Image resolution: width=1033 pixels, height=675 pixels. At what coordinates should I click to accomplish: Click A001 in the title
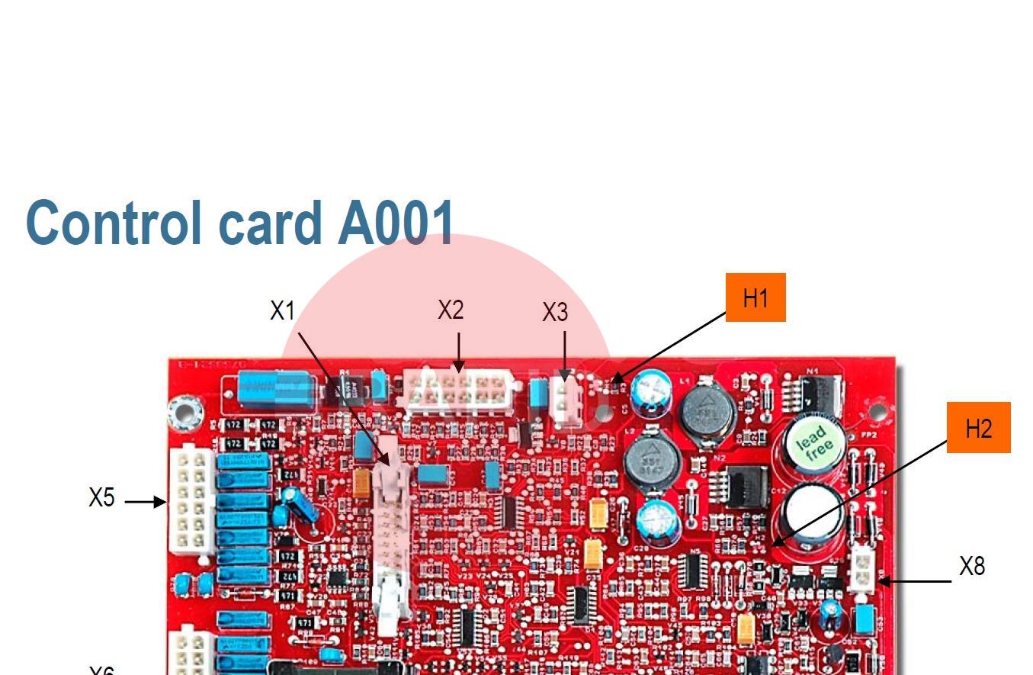pyautogui.click(x=396, y=222)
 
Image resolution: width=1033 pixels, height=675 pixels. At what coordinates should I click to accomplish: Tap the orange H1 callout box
pyautogui.click(x=755, y=297)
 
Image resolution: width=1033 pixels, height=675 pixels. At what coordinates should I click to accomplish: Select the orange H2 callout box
pyautogui.click(x=978, y=428)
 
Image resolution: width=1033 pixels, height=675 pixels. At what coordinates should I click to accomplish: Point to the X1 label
pyautogui.click(x=282, y=310)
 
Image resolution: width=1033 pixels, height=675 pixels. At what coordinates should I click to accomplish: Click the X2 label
pyautogui.click(x=451, y=310)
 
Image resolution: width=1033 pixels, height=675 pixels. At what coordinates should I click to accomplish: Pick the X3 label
pyautogui.click(x=555, y=312)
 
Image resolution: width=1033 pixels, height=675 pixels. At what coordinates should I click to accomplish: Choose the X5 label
pyautogui.click(x=101, y=497)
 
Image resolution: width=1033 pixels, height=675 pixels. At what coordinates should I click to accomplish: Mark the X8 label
pyautogui.click(x=972, y=566)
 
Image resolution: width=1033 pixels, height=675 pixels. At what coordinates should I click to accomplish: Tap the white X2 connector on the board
pyautogui.click(x=457, y=390)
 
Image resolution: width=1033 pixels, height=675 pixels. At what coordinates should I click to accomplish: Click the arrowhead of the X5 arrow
pyautogui.click(x=161, y=502)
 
